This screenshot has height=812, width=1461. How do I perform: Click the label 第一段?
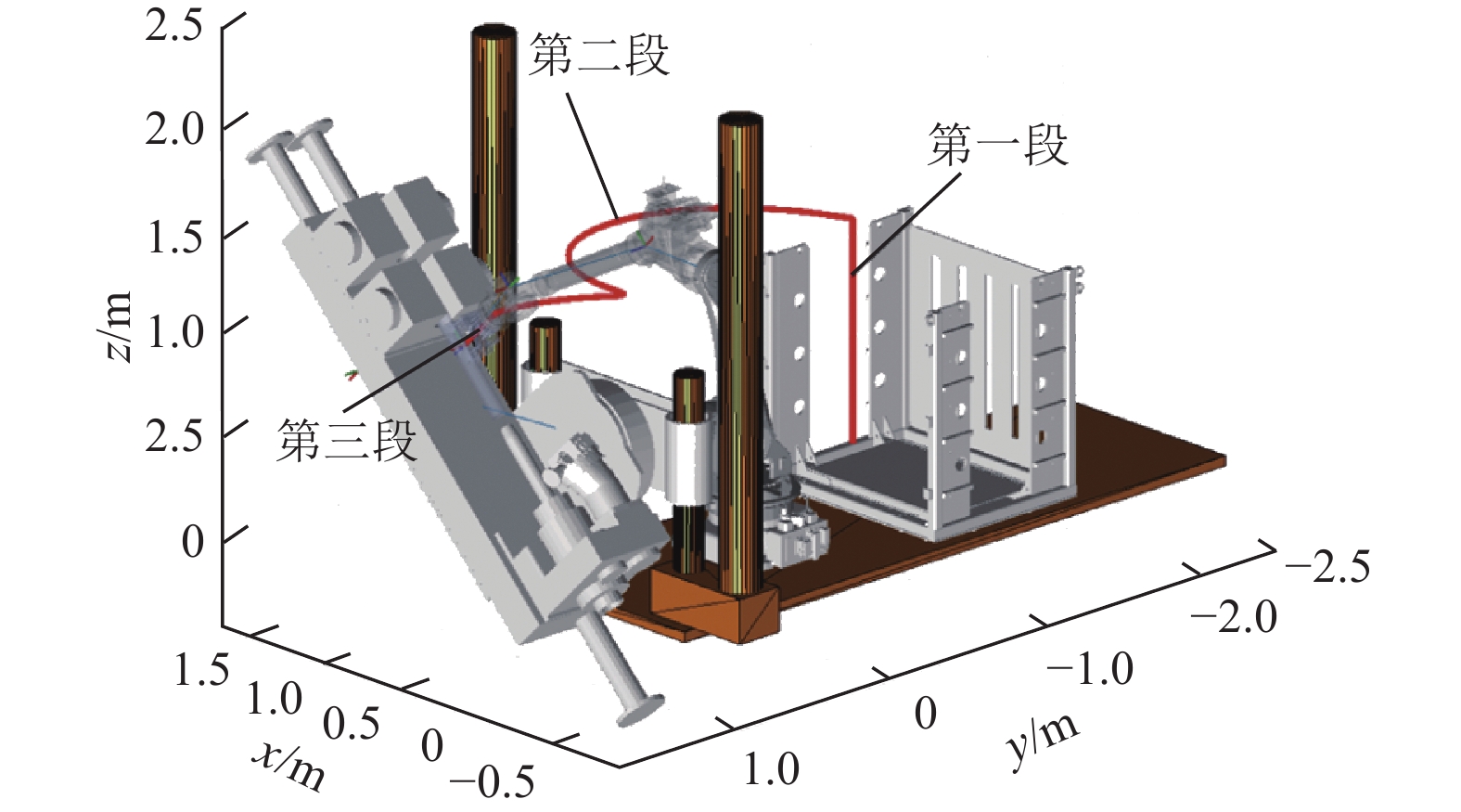[x=997, y=146]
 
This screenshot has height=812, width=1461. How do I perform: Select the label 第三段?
[x=346, y=440]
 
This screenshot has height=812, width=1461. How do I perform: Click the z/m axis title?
[x=119, y=327]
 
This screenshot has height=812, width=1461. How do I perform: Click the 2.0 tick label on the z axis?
[x=174, y=129]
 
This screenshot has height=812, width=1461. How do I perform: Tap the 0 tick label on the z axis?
[x=192, y=541]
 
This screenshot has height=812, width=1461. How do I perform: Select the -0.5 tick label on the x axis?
[x=492, y=782]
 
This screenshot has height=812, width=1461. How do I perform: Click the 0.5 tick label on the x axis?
[x=352, y=723]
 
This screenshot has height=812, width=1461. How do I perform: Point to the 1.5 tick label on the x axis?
[x=201, y=669]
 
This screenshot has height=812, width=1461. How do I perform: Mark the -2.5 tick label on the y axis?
[x=1327, y=566]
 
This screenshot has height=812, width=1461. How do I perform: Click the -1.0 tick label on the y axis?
[x=1090, y=668]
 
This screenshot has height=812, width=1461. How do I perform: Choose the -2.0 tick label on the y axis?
[x=1234, y=616]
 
